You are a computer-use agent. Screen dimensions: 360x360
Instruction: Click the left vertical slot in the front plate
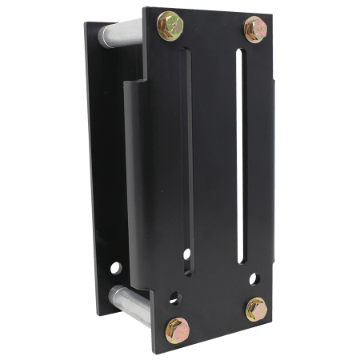(189, 160)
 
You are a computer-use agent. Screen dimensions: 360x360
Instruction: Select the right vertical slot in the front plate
(240, 156)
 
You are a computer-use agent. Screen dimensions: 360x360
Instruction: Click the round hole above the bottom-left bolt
(175, 298)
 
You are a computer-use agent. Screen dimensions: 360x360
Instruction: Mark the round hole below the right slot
(254, 279)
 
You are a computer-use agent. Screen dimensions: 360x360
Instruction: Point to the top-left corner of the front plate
(144, 8)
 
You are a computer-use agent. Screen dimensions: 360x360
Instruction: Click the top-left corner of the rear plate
(86, 22)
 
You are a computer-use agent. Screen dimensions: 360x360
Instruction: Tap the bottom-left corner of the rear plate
(99, 314)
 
